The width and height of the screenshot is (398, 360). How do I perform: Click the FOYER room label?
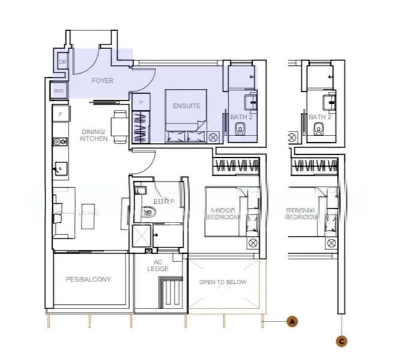click(102, 80)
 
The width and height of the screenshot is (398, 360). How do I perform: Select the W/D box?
click(59, 91)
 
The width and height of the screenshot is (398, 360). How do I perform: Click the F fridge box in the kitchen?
click(60, 113)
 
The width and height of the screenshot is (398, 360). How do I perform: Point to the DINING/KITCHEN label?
click(93, 135)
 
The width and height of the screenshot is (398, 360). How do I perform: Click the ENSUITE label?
click(185, 106)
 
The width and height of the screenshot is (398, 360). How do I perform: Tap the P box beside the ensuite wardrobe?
click(140, 103)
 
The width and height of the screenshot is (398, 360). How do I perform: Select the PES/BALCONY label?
click(88, 280)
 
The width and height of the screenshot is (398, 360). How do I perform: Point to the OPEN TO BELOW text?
click(223, 282)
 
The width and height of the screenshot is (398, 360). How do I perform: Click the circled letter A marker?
click(292, 322)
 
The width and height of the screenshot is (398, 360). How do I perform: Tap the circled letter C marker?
click(342, 341)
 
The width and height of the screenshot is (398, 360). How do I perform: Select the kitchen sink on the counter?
click(60, 167)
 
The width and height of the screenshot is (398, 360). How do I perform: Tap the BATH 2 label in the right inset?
click(320, 117)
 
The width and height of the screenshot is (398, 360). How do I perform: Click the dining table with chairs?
click(119, 127)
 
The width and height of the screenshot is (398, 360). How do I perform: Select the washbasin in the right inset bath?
click(330, 100)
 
